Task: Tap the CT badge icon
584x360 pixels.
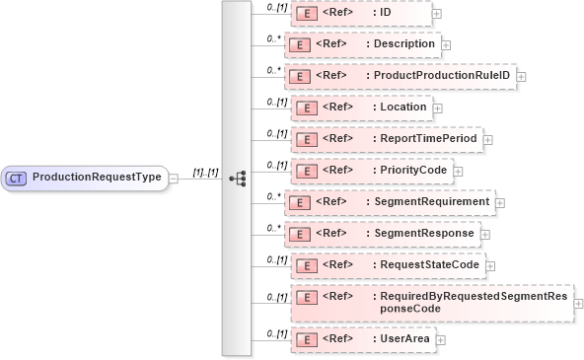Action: (x=17, y=178)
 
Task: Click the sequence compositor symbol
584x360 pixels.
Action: (x=237, y=178)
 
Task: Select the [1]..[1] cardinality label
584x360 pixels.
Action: (x=205, y=172)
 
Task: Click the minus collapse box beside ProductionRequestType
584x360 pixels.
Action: (x=174, y=178)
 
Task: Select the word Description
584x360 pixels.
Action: (x=403, y=44)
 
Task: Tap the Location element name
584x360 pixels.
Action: (x=405, y=108)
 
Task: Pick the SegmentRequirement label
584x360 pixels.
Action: (x=430, y=202)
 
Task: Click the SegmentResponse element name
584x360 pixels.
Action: (x=424, y=234)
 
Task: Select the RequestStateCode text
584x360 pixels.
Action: (x=430, y=264)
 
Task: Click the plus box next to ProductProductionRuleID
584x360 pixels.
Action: (x=521, y=77)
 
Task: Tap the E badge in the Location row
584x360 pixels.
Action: (x=307, y=108)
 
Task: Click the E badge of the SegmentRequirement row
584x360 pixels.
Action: (x=298, y=202)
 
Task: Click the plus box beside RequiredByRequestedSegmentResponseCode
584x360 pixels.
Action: (x=579, y=303)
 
